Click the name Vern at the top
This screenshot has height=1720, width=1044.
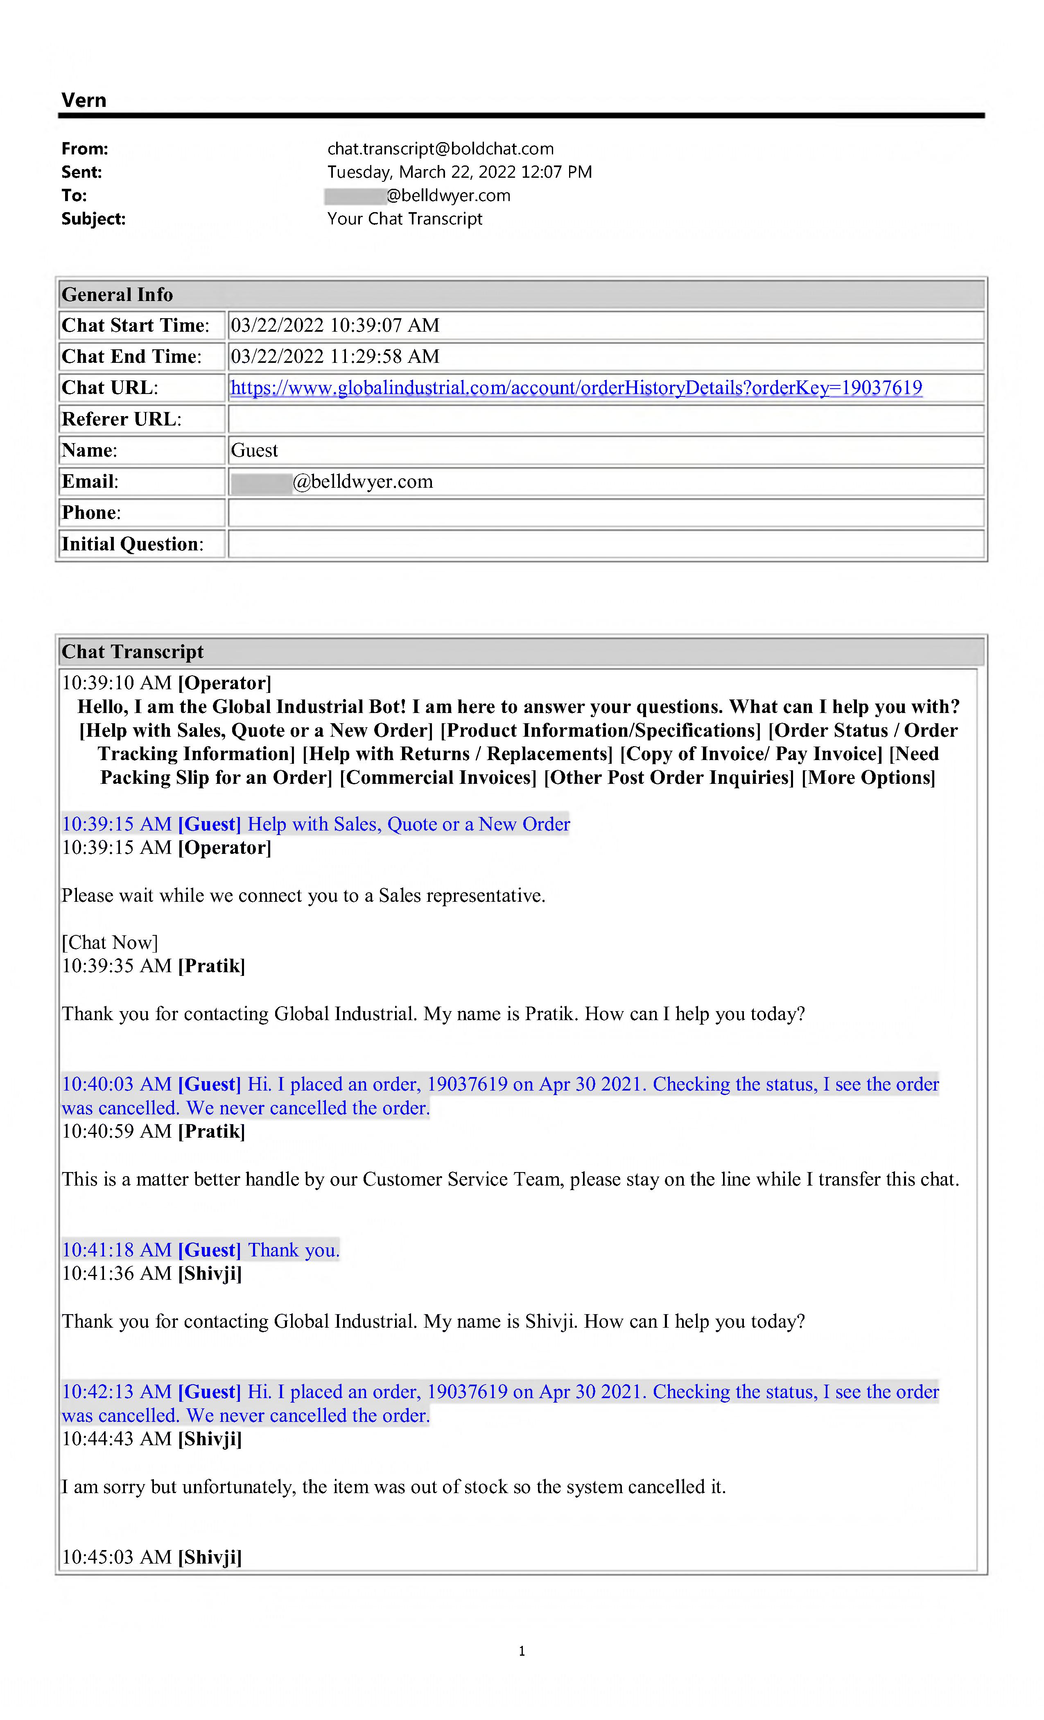(x=84, y=100)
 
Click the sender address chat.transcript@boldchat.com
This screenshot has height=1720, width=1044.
(x=441, y=149)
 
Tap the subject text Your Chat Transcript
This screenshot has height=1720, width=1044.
(x=405, y=219)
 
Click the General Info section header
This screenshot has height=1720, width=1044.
(x=117, y=294)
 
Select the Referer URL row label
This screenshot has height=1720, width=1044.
(x=122, y=419)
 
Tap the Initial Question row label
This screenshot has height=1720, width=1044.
(x=133, y=545)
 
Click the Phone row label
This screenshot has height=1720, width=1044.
(x=91, y=513)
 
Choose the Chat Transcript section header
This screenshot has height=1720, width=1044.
(x=133, y=652)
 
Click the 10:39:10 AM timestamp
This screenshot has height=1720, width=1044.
(x=117, y=683)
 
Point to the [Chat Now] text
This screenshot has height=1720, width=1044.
(x=110, y=943)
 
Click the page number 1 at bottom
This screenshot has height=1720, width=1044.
(x=522, y=1651)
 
